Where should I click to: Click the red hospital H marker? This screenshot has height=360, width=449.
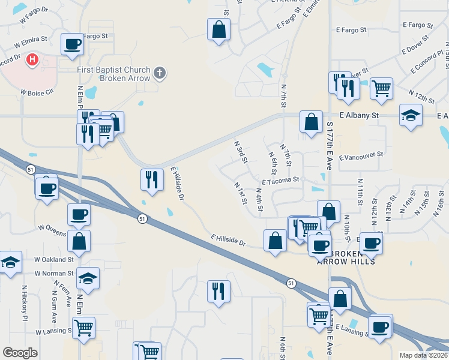point(33,60)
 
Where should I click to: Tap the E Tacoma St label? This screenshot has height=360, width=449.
point(280,180)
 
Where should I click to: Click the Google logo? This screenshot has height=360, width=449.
point(20,353)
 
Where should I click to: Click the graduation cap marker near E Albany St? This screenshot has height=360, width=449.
point(411,115)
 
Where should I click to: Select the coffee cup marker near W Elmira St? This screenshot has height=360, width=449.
point(72,44)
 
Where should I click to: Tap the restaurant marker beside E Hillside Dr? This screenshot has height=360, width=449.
point(151,179)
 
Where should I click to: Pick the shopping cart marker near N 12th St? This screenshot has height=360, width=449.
point(382,88)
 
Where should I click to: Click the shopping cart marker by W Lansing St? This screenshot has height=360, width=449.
point(83,328)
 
